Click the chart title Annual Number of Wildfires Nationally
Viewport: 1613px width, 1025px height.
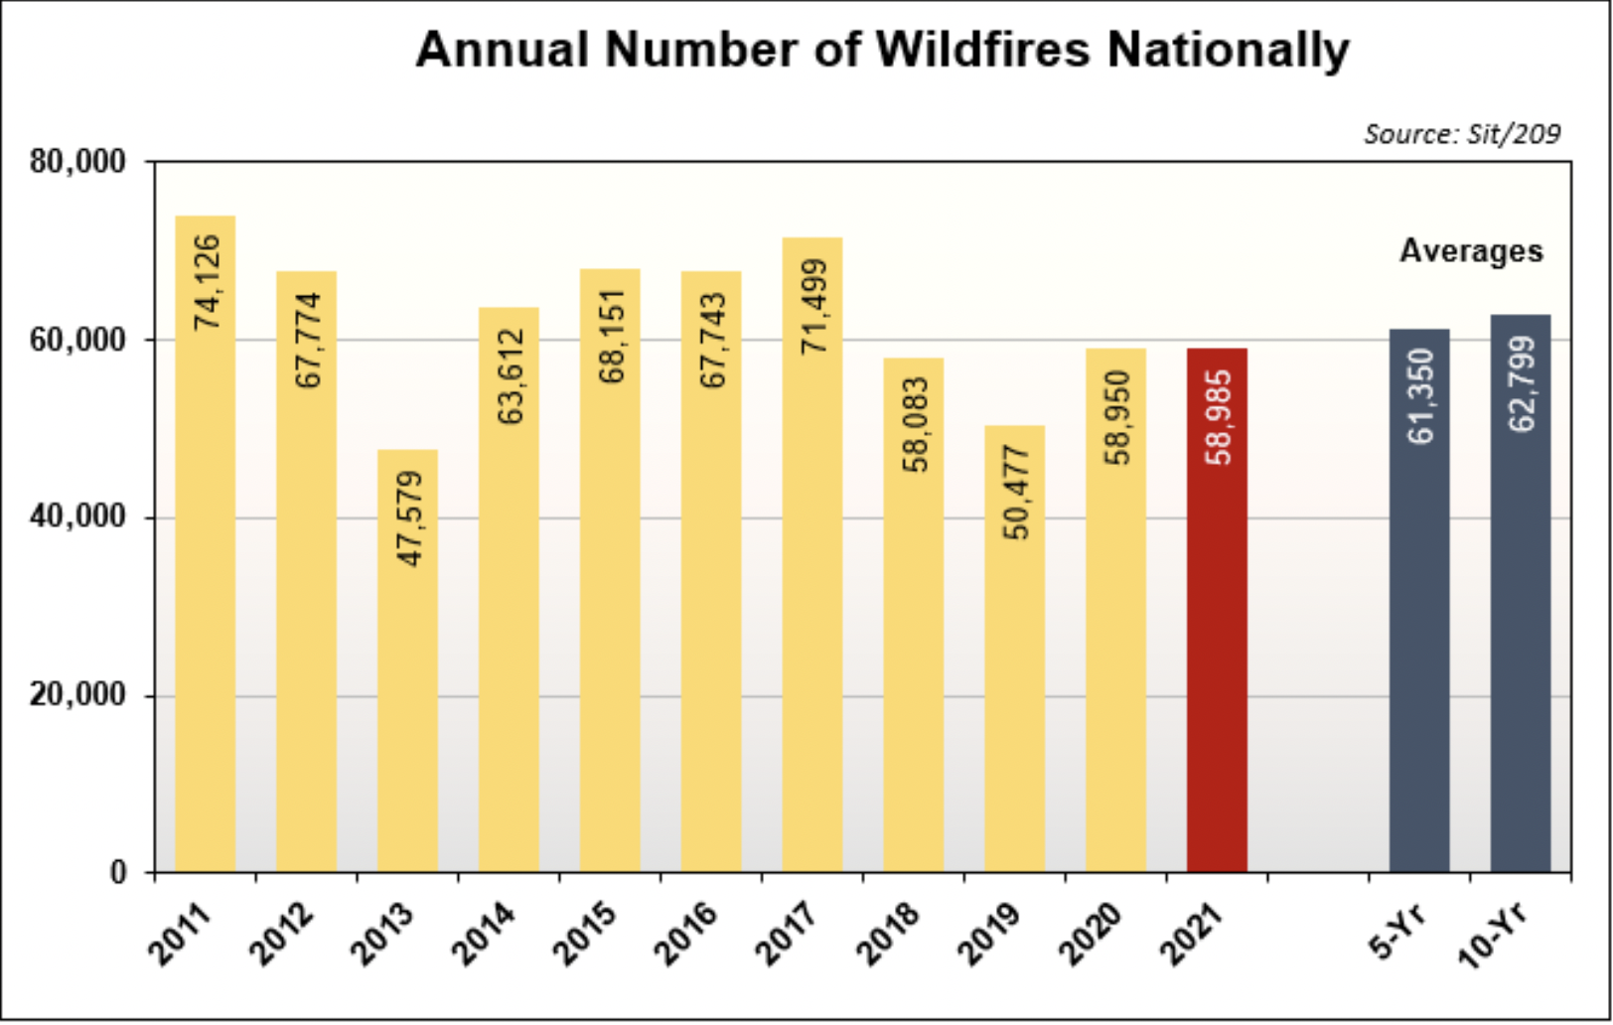[882, 51]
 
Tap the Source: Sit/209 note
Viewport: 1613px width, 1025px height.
[1462, 135]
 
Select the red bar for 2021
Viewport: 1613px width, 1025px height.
[1217, 610]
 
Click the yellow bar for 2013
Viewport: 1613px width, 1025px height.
[407, 661]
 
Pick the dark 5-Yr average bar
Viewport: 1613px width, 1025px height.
[1419, 601]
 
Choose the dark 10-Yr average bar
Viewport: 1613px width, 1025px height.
[1521, 594]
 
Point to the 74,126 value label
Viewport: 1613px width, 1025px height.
[207, 282]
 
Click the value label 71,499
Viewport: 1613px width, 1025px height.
[813, 306]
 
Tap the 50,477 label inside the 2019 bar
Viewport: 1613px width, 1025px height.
[1016, 493]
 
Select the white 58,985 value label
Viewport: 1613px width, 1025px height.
[1218, 418]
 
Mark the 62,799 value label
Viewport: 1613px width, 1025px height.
[1522, 384]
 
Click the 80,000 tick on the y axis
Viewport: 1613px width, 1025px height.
[77, 162]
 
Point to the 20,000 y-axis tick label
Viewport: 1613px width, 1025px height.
[77, 695]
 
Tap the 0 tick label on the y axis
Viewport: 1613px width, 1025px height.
[117, 873]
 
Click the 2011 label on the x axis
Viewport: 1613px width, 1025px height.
[180, 934]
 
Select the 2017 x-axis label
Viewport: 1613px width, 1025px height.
[787, 934]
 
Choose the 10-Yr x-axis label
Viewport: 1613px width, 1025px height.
[1492, 935]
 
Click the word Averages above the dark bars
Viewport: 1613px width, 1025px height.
[1471, 251]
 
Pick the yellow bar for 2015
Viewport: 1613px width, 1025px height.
[610, 570]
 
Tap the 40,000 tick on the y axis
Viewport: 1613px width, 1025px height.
[77, 516]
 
